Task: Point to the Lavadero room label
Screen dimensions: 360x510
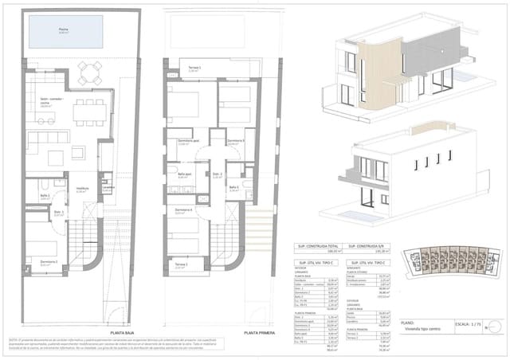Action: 108,188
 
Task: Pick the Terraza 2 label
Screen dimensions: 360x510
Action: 180,264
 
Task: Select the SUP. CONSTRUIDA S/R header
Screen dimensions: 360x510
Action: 368,247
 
